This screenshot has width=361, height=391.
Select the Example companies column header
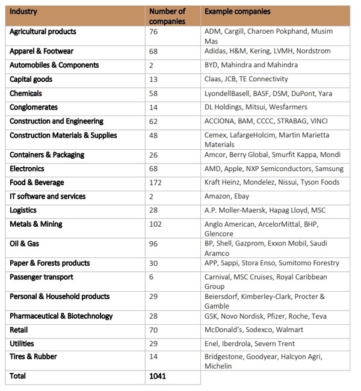point(237,11)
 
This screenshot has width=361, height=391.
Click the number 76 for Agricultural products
point(155,31)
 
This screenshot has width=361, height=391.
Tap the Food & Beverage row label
point(37,182)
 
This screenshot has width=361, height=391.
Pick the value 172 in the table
point(156,182)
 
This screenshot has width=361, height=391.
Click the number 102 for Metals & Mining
point(156,224)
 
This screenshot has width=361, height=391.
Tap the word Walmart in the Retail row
point(289,330)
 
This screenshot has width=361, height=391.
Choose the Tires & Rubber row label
point(34,357)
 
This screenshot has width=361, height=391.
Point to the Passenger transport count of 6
point(152,277)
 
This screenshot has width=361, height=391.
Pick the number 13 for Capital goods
point(155,79)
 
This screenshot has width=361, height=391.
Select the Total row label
point(19,376)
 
